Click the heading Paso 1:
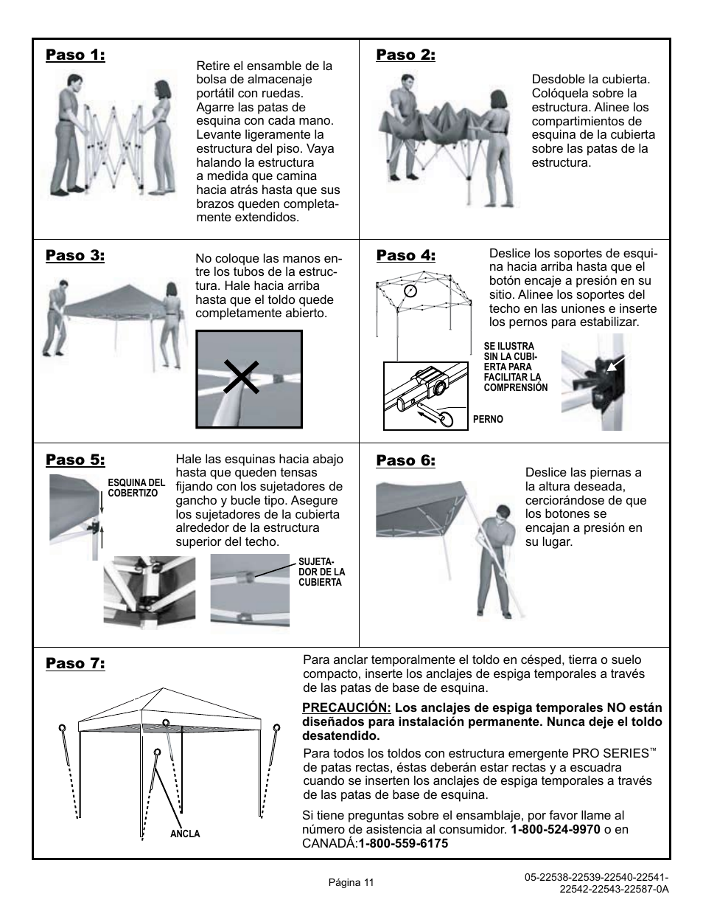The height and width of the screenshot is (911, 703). (75, 55)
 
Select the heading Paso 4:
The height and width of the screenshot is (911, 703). (405, 255)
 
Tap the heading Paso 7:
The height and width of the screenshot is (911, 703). (75, 663)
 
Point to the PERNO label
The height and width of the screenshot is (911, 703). (488, 419)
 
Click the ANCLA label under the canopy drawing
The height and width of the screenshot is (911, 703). (185, 834)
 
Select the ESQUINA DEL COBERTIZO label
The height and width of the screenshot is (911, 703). (136, 488)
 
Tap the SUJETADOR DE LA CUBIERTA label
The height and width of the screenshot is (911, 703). (321, 572)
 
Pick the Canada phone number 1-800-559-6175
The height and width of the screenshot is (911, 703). (403, 843)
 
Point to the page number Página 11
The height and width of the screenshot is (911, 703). (351, 882)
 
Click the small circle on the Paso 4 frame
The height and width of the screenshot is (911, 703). (411, 289)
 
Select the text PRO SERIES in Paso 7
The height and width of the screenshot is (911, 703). (610, 754)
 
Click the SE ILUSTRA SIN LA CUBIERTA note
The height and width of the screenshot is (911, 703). (516, 367)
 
